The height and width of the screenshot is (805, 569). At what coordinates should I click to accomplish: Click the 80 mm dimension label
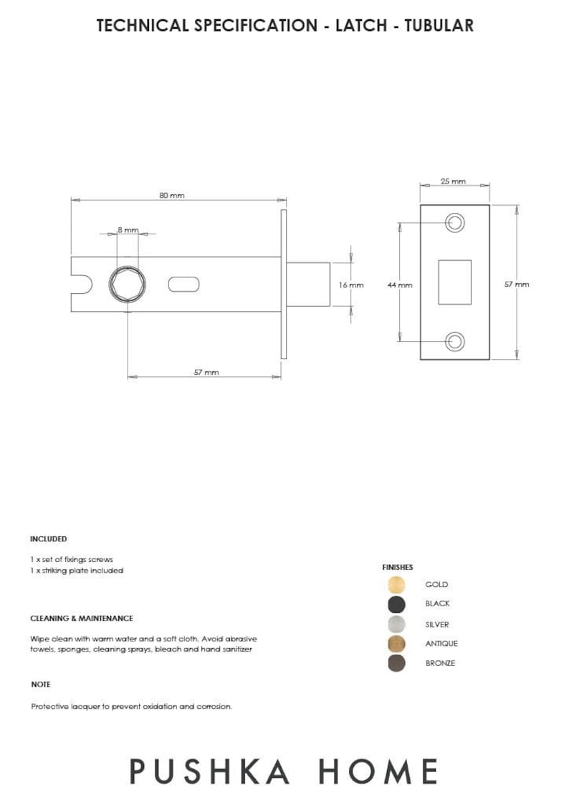(172, 196)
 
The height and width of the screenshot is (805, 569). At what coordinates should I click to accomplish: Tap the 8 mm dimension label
(128, 229)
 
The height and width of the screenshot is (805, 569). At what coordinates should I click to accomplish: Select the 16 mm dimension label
(351, 285)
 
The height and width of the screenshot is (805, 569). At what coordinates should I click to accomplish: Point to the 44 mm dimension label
(400, 285)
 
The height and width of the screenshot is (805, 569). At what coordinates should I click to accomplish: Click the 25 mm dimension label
(453, 181)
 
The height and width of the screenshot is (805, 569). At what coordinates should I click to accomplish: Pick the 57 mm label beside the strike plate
(517, 284)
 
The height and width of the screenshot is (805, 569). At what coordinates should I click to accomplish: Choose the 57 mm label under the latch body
(206, 372)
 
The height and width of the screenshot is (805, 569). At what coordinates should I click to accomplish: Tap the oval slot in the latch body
(184, 285)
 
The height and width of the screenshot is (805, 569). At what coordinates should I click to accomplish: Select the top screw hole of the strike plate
(455, 223)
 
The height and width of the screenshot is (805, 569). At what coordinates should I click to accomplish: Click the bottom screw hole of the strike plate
(455, 341)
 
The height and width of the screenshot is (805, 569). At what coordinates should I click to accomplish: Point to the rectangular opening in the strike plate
(455, 282)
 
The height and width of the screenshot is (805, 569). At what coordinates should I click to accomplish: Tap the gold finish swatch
(396, 585)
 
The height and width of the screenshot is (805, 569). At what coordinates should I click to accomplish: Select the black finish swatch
(396, 604)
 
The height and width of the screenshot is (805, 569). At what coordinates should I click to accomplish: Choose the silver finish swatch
(396, 624)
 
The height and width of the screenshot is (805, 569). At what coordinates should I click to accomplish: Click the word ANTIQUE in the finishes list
(441, 644)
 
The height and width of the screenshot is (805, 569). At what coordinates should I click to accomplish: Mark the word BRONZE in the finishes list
(440, 663)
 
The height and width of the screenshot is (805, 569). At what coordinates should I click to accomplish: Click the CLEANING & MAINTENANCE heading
(82, 618)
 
